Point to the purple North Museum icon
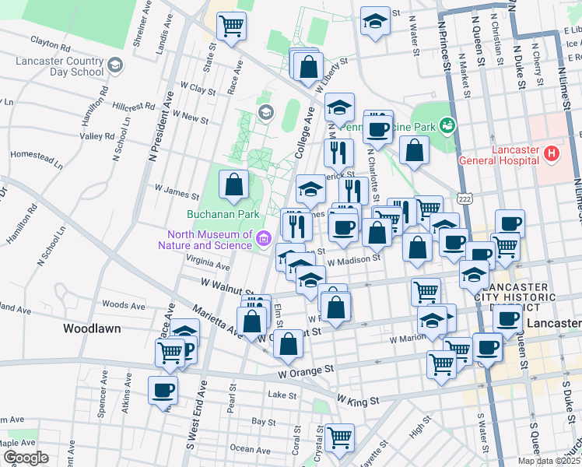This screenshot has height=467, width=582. [264, 237]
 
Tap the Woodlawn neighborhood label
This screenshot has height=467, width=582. [92, 328]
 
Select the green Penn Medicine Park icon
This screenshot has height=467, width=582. [447, 125]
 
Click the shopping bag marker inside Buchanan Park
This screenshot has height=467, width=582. [233, 185]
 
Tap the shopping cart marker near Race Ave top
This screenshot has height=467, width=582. [231, 26]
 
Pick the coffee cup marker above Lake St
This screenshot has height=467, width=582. [163, 390]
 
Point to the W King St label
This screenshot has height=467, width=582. [357, 400]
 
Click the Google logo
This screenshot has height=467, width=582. [26, 458]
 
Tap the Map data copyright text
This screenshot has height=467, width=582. [549, 461]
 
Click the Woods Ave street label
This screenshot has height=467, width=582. [124, 305]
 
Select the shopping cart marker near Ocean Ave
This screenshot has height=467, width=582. [339, 437]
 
